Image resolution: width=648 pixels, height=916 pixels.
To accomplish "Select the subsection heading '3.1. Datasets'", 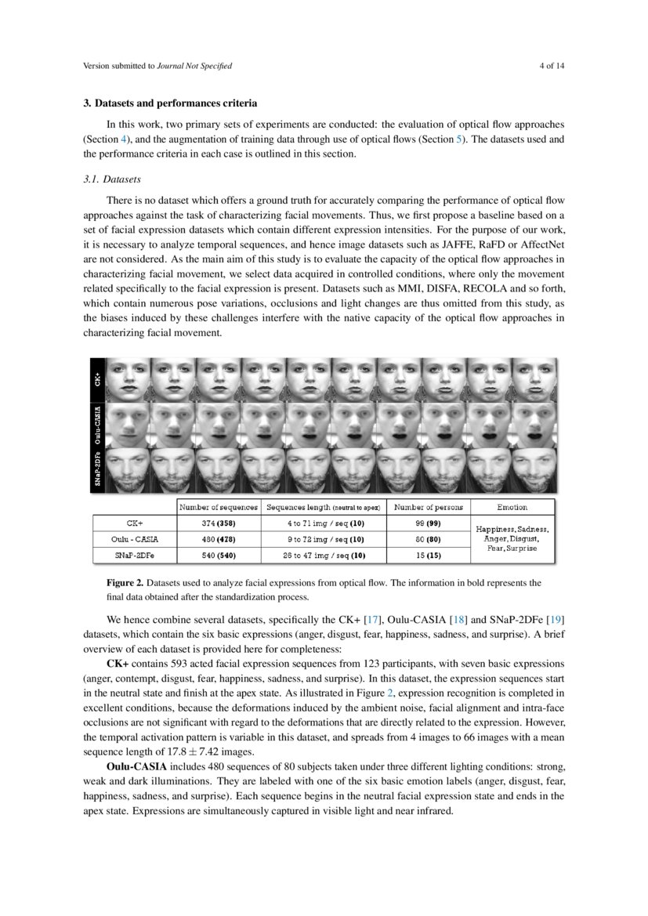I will pos(112,179).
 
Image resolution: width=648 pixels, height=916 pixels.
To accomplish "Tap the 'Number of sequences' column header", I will pos(218,507).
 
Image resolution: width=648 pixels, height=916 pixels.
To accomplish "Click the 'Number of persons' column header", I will pos(428,507).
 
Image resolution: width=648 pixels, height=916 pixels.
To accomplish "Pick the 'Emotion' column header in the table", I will pos(512,507).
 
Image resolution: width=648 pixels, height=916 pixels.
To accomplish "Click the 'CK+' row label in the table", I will pos(135,522).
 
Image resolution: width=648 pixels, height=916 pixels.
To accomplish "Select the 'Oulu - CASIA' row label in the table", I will pos(135,538).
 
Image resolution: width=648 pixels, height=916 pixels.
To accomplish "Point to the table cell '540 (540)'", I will pos(218,555).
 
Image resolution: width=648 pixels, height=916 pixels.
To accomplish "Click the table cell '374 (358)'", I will pos(218,522).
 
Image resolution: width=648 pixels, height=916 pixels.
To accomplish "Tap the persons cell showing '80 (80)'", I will pos(428,538).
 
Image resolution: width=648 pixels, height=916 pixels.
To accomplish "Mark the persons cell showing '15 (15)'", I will pos(428,555).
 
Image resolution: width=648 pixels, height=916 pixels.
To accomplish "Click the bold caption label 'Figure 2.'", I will pos(125,583).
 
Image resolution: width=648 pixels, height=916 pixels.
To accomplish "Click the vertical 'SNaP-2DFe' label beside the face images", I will pos(97,468).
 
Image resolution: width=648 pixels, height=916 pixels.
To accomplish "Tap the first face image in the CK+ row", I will pos(127,379).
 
